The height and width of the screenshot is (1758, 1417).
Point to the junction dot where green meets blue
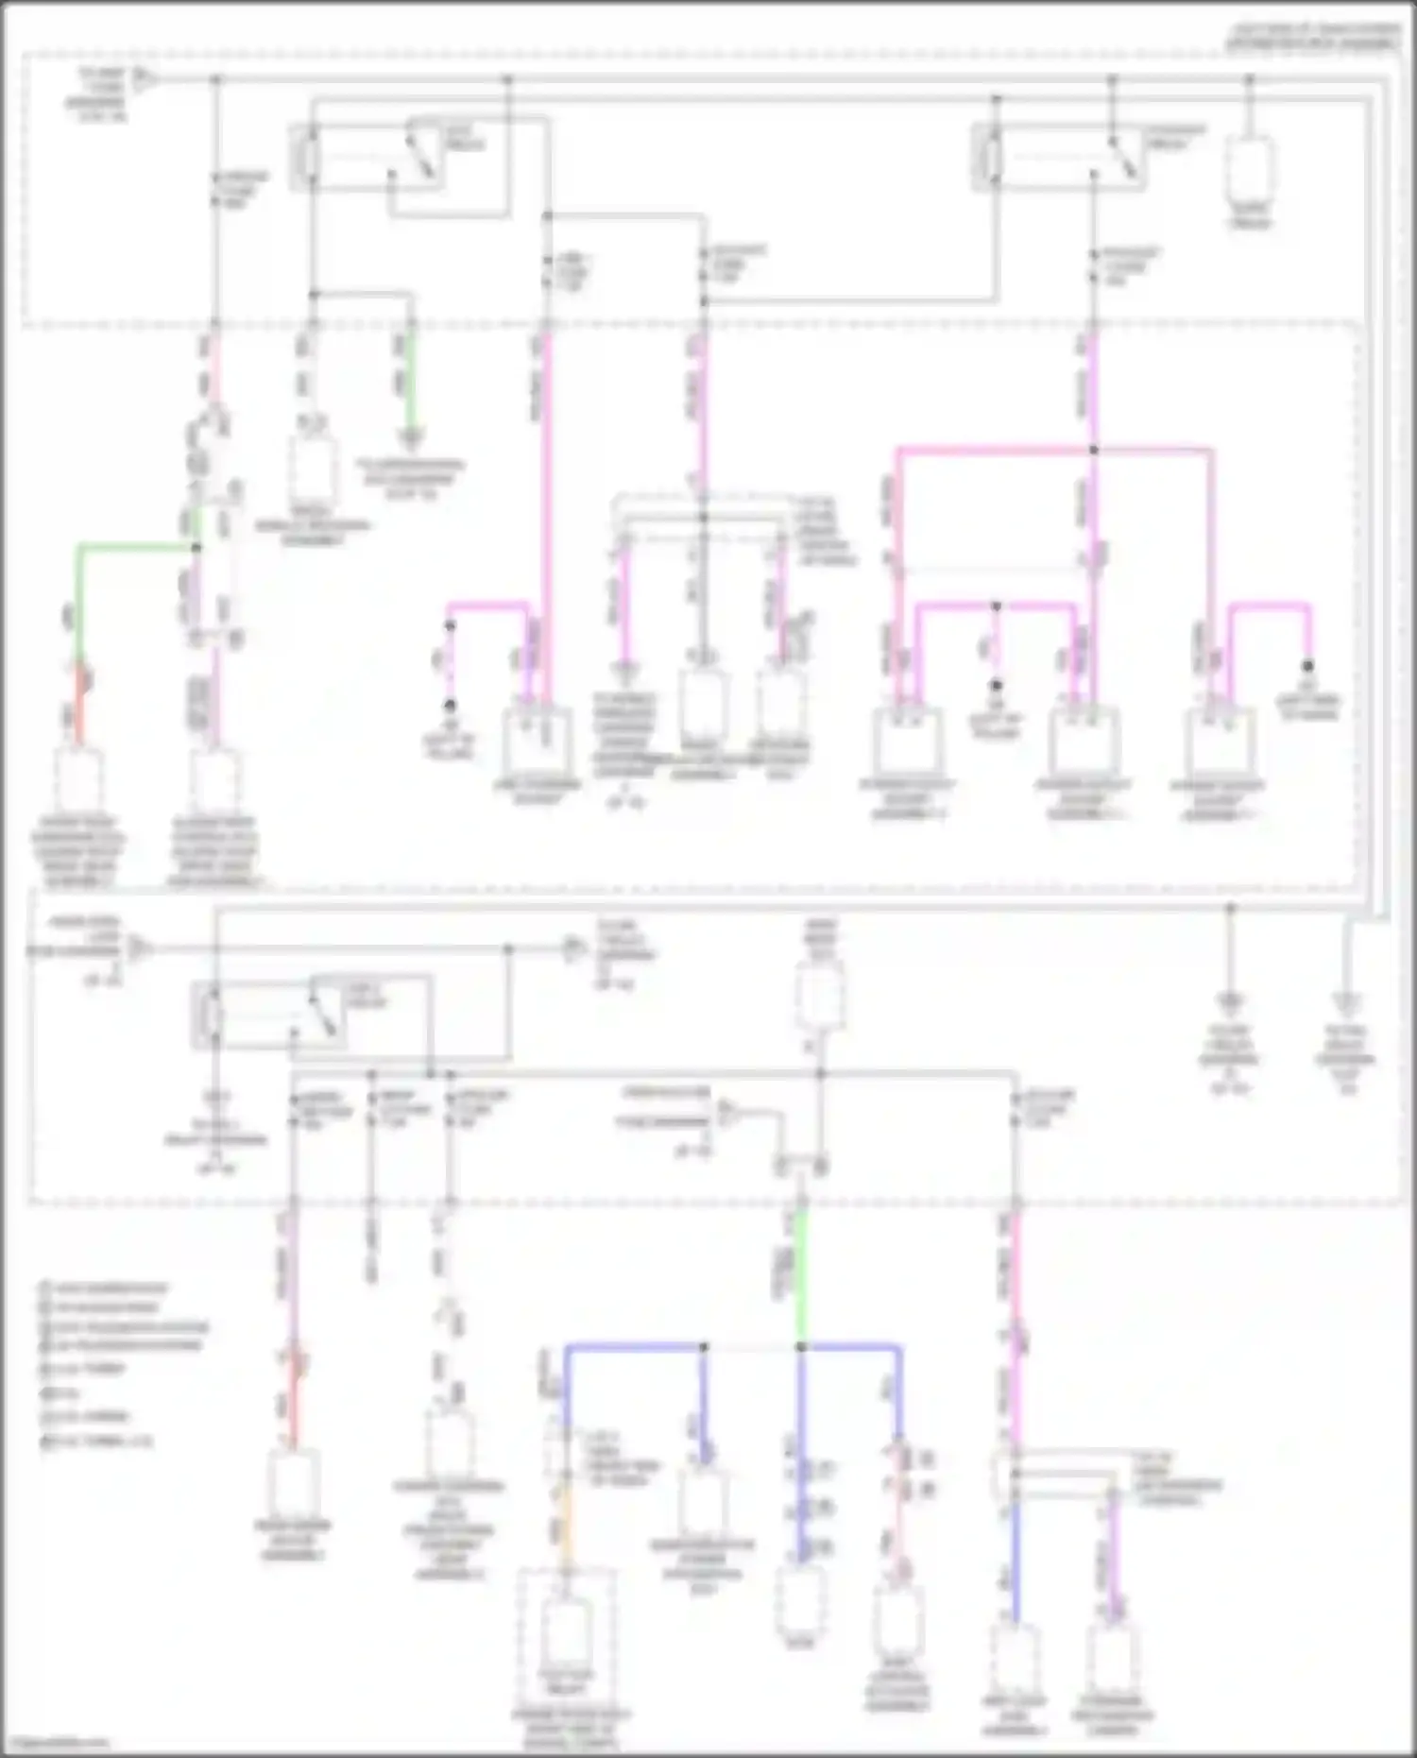801,1346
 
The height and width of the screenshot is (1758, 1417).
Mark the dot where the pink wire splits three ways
1093,451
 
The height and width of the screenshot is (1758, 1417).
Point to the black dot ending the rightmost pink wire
1308,665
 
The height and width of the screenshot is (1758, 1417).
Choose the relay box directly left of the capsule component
1058,156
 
